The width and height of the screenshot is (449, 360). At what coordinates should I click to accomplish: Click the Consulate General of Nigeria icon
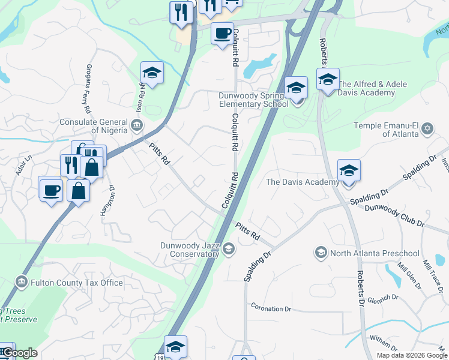click(x=137, y=125)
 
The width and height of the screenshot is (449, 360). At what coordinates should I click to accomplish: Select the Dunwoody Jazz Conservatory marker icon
click(x=228, y=248)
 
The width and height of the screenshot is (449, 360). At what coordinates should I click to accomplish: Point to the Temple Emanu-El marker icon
click(x=427, y=128)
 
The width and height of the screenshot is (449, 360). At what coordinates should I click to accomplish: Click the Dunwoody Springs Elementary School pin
click(x=296, y=88)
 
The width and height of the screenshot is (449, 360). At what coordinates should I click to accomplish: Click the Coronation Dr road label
click(x=271, y=308)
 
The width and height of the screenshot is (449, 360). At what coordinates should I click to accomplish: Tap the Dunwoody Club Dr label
click(x=394, y=215)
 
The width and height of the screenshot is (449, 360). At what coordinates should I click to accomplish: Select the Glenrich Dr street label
click(x=383, y=298)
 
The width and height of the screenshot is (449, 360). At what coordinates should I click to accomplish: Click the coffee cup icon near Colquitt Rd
click(x=222, y=32)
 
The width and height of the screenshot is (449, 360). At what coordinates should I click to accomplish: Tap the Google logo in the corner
click(x=19, y=352)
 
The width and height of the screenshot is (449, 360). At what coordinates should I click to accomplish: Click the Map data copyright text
click(x=411, y=355)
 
